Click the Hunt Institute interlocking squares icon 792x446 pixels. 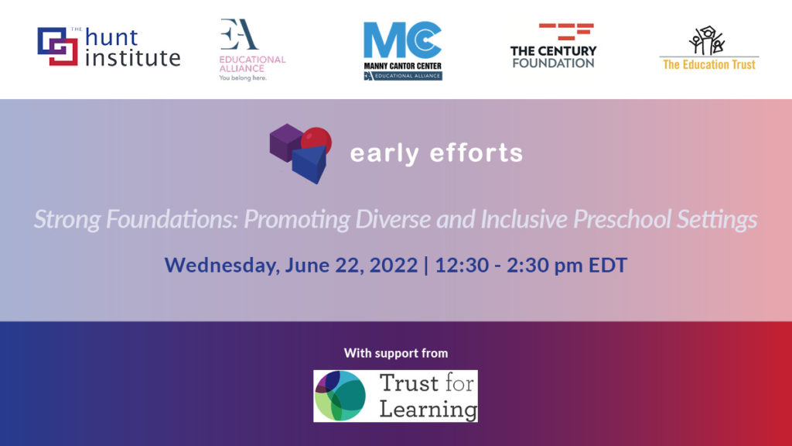coord(57,46)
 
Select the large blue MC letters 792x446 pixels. coord(402,40)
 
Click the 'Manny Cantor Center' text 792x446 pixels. coord(402,66)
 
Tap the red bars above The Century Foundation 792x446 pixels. coord(566,32)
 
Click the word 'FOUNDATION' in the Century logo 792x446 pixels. coord(553,63)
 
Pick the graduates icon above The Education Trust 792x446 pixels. coord(707,41)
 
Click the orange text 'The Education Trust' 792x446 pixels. coord(709,64)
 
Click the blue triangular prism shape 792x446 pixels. coord(309,164)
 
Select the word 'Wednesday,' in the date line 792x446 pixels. coord(221,265)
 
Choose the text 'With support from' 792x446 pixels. coord(395,353)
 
